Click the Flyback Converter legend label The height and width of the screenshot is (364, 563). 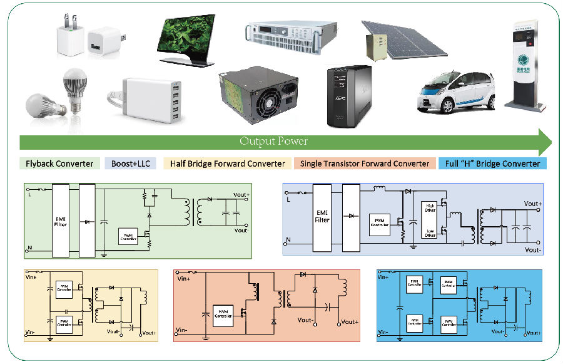click(59, 164)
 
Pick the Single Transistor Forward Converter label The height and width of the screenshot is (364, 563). click(365, 164)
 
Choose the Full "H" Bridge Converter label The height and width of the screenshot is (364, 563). click(492, 164)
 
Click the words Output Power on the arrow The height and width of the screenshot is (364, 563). click(274, 141)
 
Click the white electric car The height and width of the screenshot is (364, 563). click(456, 93)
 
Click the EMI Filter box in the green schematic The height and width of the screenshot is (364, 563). click(61, 220)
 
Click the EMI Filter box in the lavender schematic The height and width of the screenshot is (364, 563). click(322, 216)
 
